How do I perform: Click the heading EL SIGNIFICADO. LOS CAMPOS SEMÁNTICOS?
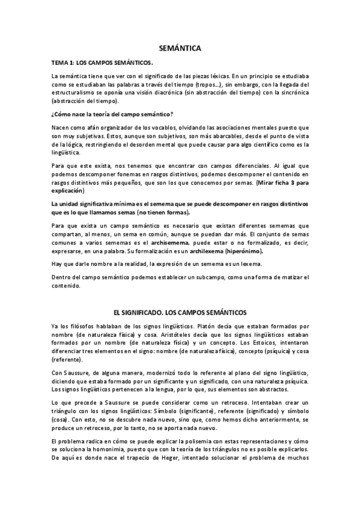point(180,313)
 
